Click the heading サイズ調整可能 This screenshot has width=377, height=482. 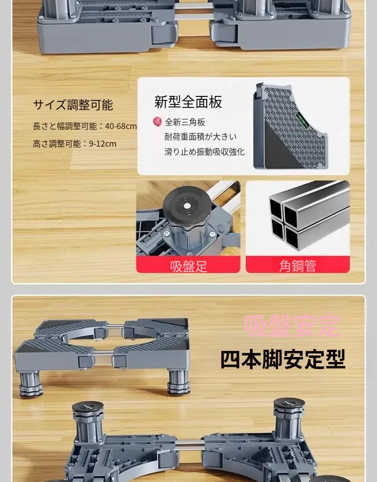tap(73, 105)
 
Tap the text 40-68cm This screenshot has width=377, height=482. tap(121, 126)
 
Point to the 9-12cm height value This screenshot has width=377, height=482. tap(103, 144)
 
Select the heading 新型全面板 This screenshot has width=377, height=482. tap(188, 102)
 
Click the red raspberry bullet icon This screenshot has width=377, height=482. tap(157, 122)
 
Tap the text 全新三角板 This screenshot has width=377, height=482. tap(185, 122)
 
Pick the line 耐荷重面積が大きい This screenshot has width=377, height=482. tap(201, 137)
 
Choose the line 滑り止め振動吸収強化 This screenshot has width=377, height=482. tap(205, 152)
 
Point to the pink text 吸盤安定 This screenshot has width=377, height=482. tap(293, 326)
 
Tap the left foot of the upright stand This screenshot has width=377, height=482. tap(31, 384)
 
